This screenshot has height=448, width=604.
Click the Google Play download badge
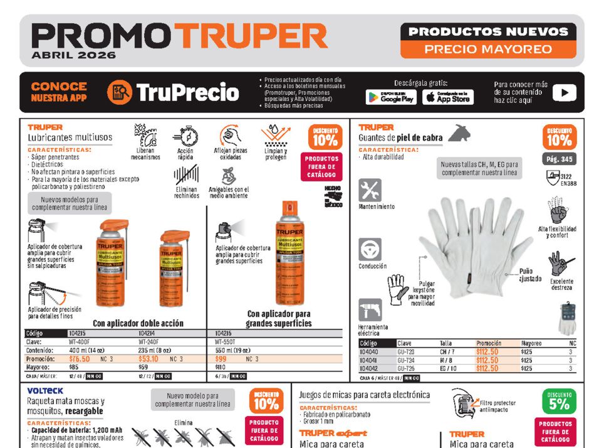pos(391,97)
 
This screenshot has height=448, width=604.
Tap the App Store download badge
pos(447,97)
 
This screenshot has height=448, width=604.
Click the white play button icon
pos(564,93)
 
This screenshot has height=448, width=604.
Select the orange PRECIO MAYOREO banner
pos(488,49)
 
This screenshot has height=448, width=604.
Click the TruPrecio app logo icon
pos(119,92)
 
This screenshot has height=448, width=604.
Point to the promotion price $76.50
pos(79,359)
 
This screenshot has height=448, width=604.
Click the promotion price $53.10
pos(148,359)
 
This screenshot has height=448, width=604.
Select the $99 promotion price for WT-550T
pos(221,359)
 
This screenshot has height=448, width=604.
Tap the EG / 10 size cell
pos(447,368)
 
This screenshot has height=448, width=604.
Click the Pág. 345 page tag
pos(559,159)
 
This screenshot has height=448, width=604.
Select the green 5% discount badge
pos(559,402)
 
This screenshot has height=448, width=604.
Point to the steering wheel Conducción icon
pos(370,249)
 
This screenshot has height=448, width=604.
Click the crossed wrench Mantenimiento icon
pos(370,189)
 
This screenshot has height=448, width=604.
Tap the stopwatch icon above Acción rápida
pos(185,136)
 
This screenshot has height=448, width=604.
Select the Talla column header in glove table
pos(445,343)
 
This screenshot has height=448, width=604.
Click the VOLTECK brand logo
pos(45,390)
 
